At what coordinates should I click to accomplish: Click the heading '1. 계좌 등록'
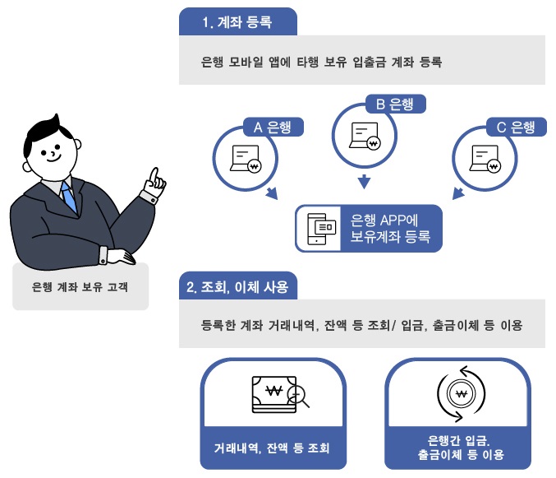[x=237, y=23]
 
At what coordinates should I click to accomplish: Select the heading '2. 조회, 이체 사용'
[x=238, y=287]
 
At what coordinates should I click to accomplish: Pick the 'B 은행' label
[x=394, y=104]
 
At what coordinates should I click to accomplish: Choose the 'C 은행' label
[x=516, y=127]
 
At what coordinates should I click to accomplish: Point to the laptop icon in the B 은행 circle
[x=364, y=136]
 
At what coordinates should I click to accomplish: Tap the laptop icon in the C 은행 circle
[x=485, y=158]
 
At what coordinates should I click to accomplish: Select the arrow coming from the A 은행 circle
[x=272, y=193]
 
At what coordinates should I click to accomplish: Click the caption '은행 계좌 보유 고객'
[x=80, y=287]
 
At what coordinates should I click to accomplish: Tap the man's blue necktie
[x=69, y=198]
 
